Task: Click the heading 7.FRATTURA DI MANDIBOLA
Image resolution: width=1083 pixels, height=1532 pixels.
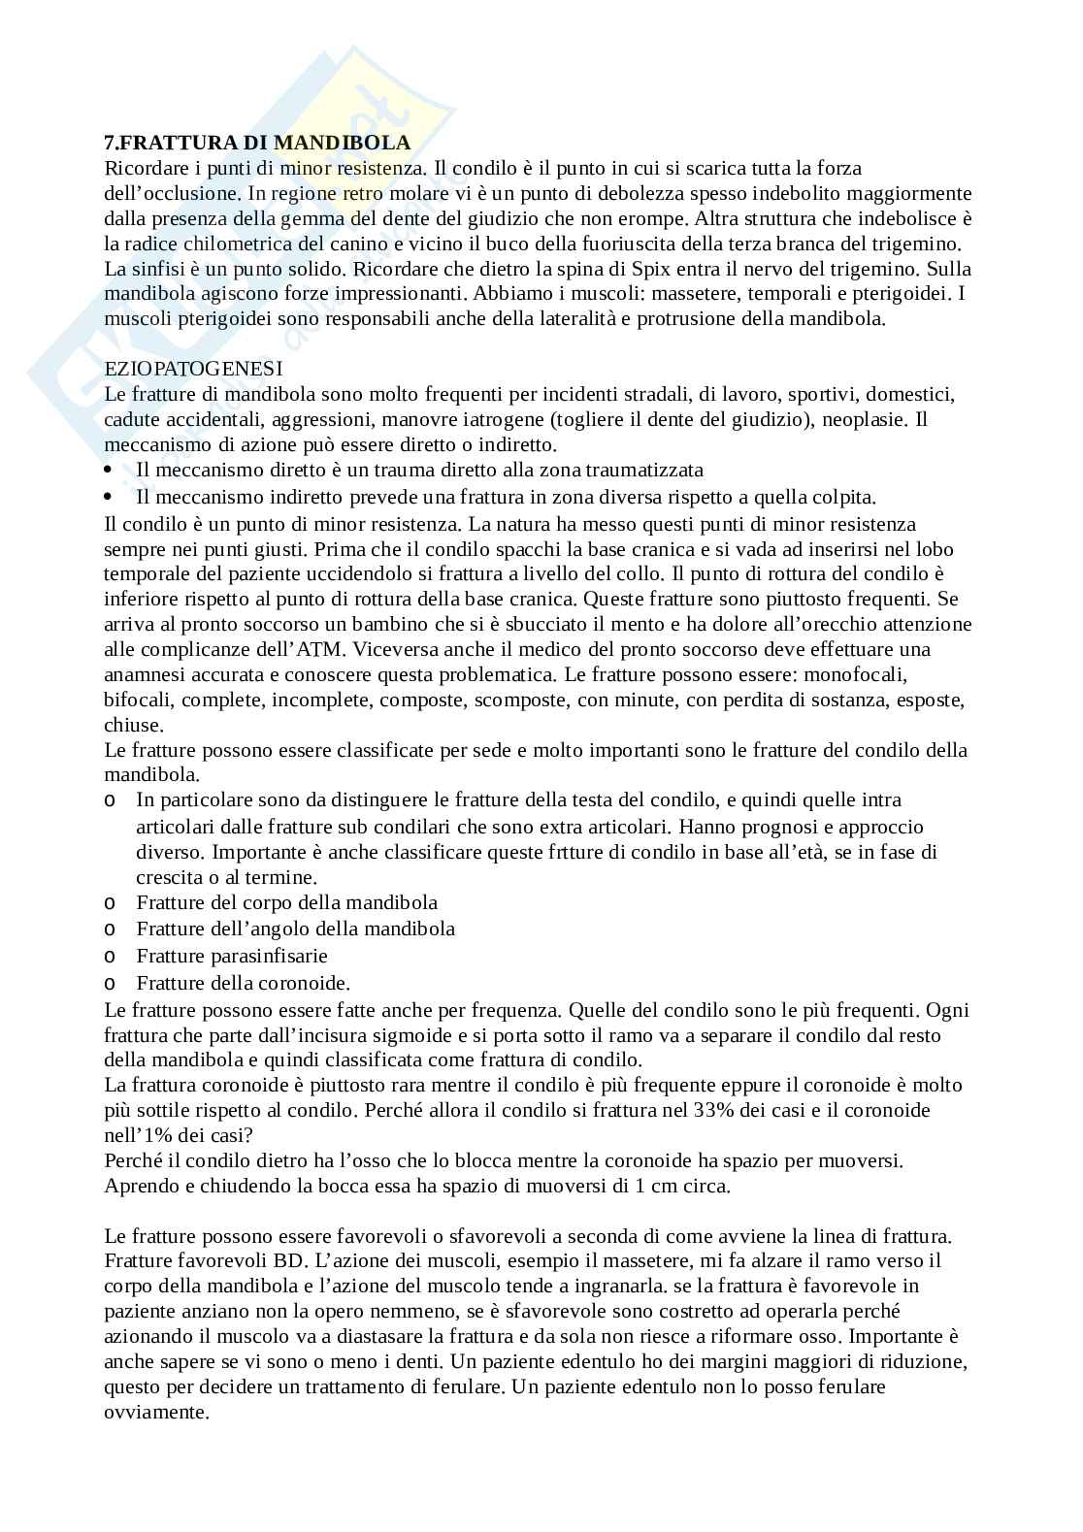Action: (x=257, y=143)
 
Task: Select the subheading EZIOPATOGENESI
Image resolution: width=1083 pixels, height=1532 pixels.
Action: (x=193, y=369)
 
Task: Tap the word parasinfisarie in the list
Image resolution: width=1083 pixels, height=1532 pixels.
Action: (x=269, y=956)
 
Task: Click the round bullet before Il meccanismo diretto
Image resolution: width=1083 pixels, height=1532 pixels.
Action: (x=109, y=471)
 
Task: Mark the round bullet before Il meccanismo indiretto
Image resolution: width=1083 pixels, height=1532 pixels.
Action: (x=109, y=498)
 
